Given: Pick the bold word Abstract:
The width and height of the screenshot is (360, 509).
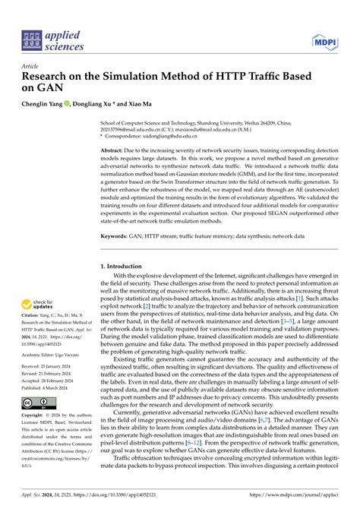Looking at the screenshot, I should [x=113, y=151].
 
